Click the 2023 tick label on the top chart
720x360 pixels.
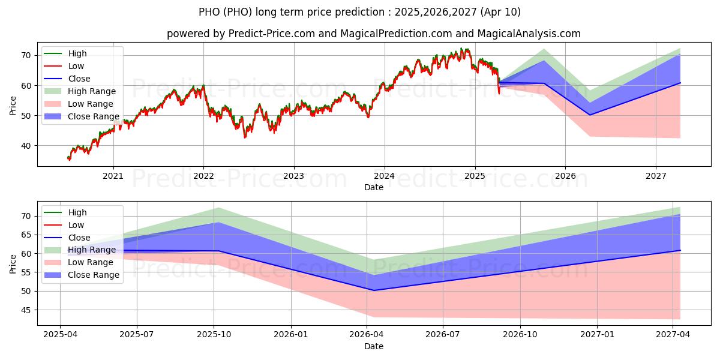tap(293, 175)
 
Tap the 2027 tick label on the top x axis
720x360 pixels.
tap(656, 175)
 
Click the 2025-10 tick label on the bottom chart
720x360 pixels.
tap(214, 335)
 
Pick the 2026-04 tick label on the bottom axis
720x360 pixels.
tap(367, 335)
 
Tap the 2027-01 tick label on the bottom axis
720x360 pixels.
tap(598, 335)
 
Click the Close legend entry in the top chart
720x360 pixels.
tap(79, 79)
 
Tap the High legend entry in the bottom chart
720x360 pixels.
tap(77, 212)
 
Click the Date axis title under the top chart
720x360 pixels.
tap(373, 187)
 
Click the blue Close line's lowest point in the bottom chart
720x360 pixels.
tap(374, 290)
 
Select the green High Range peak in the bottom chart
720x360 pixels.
tap(218, 208)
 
